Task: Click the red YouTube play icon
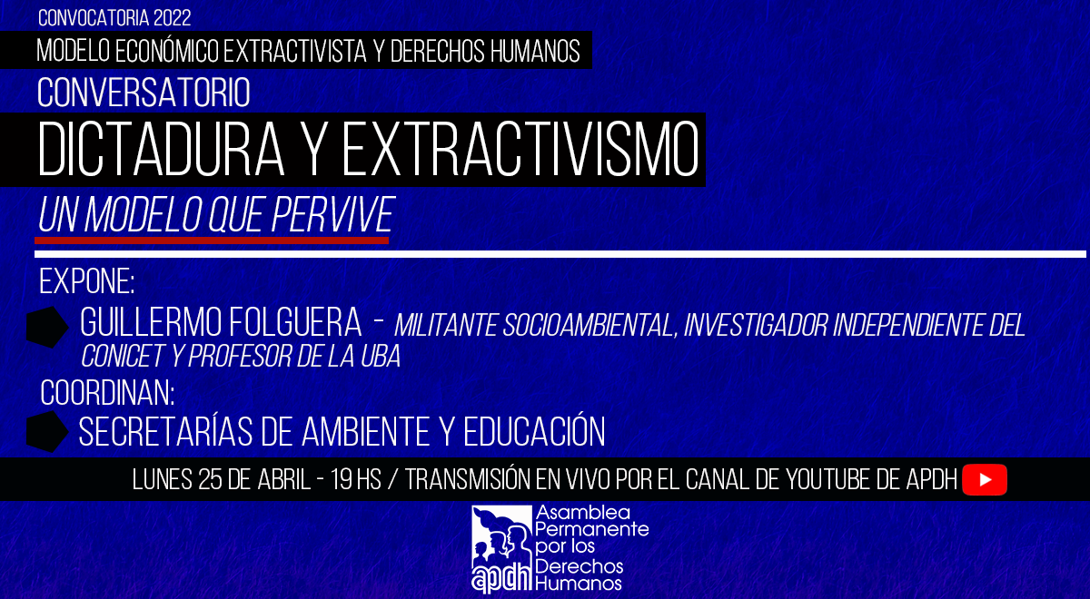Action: tap(985, 480)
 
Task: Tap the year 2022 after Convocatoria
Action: tap(172, 18)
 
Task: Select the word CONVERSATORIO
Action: tap(144, 93)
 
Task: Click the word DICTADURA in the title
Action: tap(161, 149)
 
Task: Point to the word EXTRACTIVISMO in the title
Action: tap(520, 149)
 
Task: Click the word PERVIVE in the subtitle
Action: tap(332, 214)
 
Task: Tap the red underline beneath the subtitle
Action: tap(212, 241)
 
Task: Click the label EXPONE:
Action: tap(86, 281)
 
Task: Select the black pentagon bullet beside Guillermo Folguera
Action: tap(47, 327)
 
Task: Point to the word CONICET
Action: tap(123, 356)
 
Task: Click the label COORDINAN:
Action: tap(107, 393)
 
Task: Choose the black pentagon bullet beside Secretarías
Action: tap(47, 432)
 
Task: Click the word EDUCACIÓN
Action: tap(534, 431)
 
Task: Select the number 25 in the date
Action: tap(210, 480)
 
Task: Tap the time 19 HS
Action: tap(356, 480)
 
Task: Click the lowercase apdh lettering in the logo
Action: tap(501, 577)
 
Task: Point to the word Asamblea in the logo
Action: tap(577, 513)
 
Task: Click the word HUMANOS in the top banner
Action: tap(535, 51)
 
